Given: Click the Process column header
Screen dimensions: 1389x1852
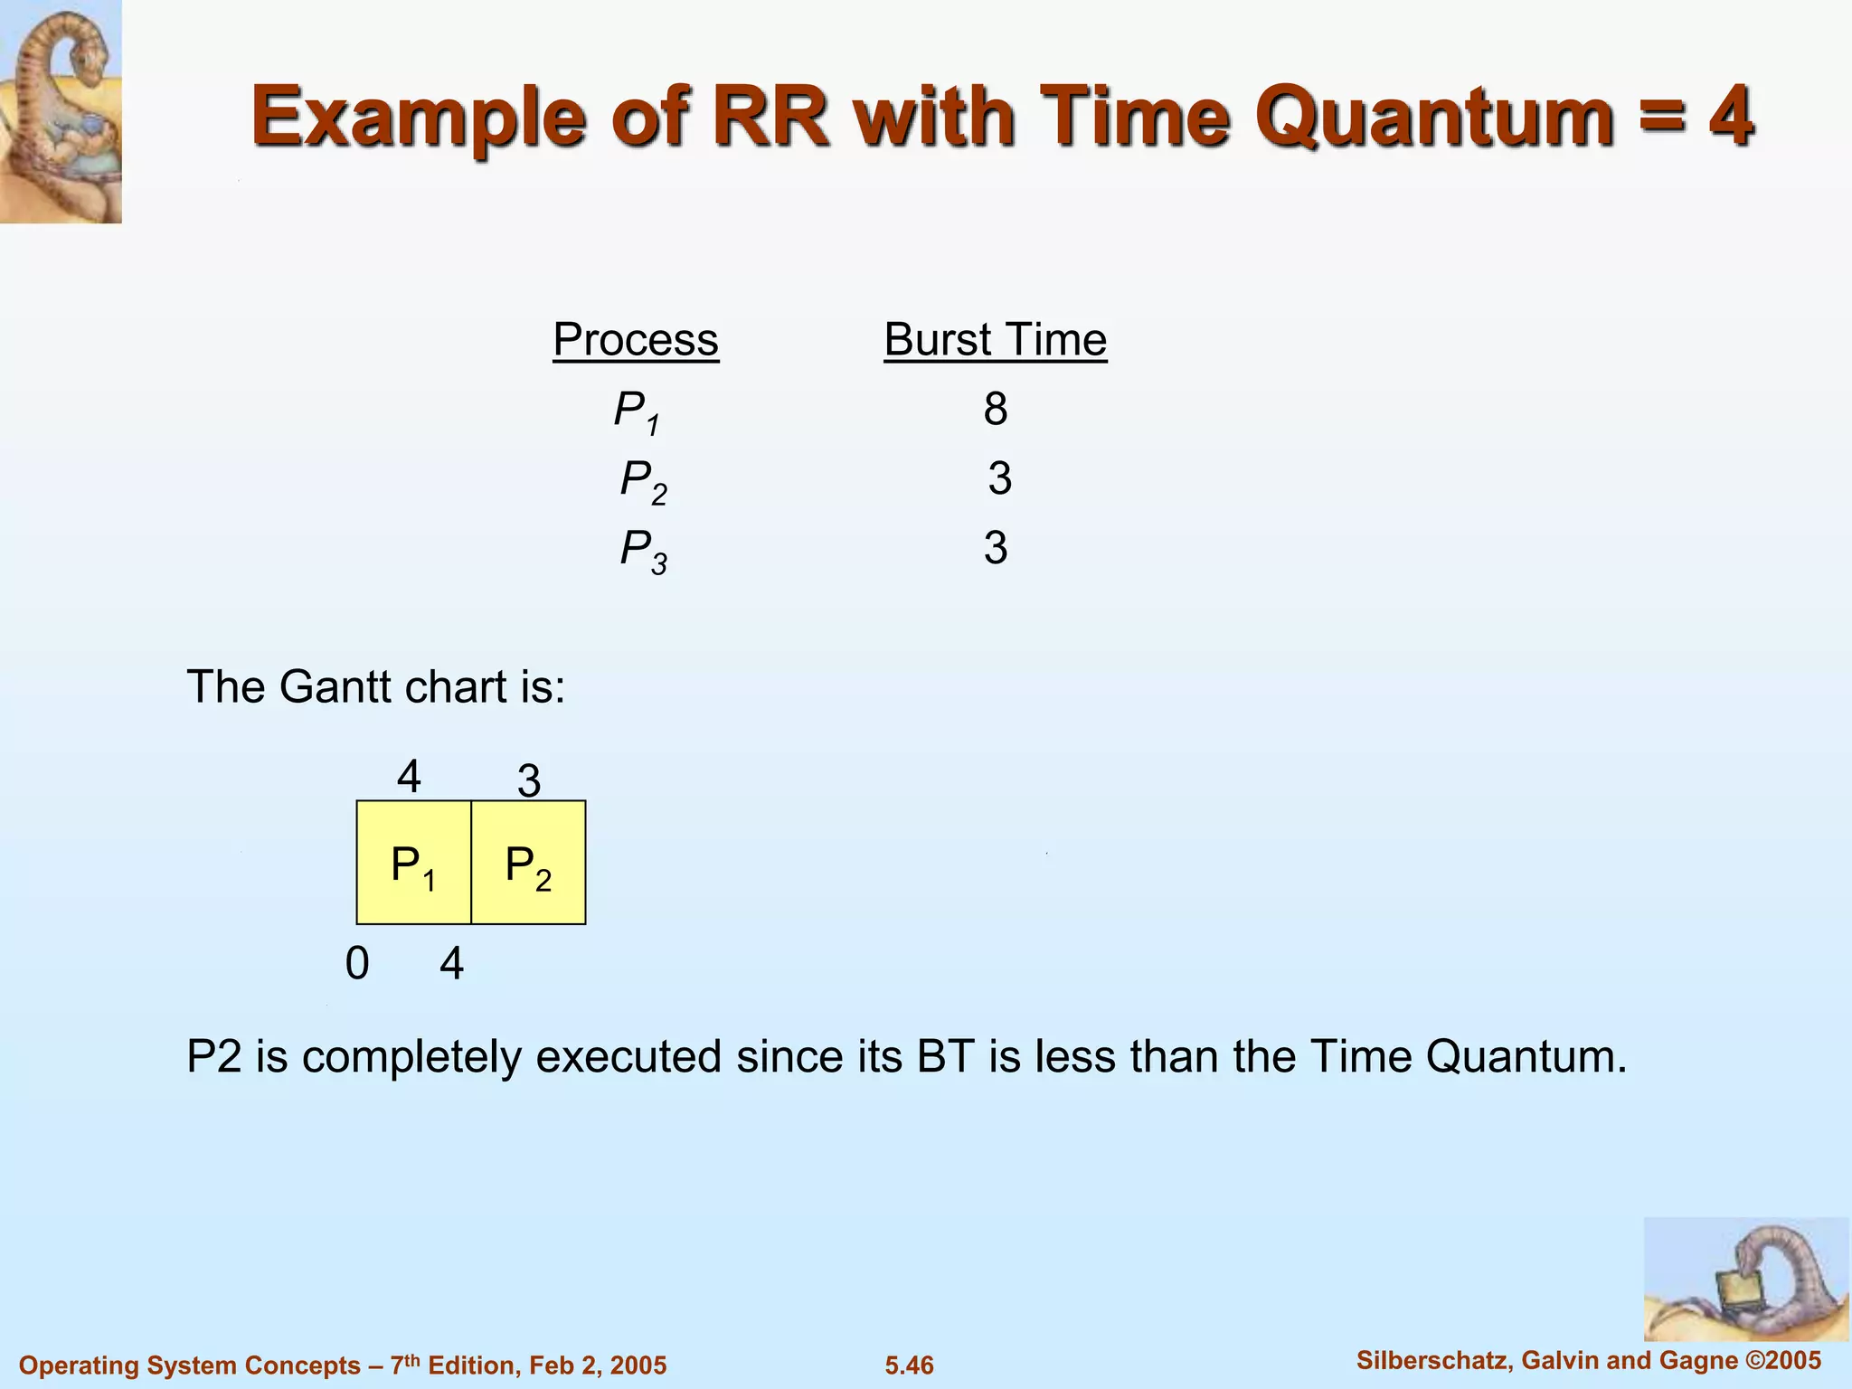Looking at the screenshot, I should [x=636, y=340].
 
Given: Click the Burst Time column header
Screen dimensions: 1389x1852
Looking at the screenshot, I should [x=995, y=340].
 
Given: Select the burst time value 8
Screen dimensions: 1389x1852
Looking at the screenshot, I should [x=995, y=409].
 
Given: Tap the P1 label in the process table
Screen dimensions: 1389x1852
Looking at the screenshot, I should [x=637, y=411].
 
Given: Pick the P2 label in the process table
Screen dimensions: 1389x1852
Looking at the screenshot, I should [x=643, y=480].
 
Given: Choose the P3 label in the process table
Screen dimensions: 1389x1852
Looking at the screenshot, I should [x=643, y=550].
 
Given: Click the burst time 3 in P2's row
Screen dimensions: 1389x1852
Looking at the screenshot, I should [x=999, y=478].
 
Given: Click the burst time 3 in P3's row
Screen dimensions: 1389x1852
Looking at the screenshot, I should [x=996, y=548].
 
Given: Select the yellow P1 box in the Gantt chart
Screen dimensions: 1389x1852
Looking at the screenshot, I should [x=413, y=863].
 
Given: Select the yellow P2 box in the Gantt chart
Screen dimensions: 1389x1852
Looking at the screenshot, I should [x=528, y=863].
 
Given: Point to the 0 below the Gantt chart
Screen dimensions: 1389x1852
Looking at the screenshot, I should [x=357, y=964].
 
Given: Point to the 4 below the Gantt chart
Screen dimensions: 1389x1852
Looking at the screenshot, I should [x=452, y=964].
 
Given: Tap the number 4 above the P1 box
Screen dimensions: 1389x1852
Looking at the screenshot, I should [x=409, y=777].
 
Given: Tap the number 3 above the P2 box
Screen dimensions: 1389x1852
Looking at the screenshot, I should [x=529, y=781].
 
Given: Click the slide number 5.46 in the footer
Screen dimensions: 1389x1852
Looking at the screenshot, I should [x=909, y=1365].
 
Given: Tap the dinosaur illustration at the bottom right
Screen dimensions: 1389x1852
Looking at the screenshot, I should [x=1745, y=1279].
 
